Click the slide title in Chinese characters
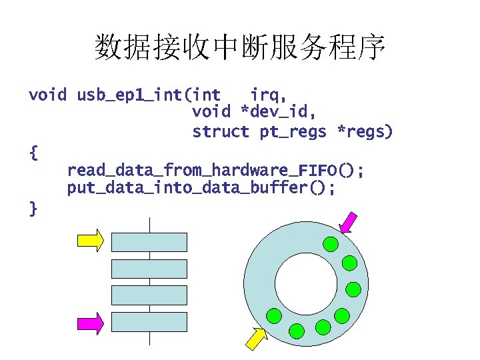(x=240, y=47)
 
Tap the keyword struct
(x=220, y=132)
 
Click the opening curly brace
(x=34, y=153)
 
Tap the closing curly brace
(x=34, y=209)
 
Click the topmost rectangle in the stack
(x=149, y=242)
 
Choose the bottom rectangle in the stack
(x=149, y=322)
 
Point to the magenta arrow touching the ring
(x=348, y=223)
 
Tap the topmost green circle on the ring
(x=330, y=244)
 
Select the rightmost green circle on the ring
(x=353, y=289)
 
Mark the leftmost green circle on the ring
(x=273, y=315)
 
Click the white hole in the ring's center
(x=305, y=279)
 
